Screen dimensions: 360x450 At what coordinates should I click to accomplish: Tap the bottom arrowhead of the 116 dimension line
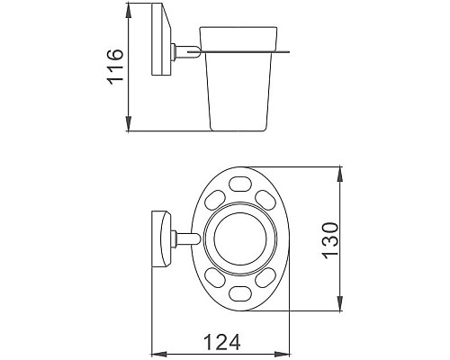click(x=130, y=127)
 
